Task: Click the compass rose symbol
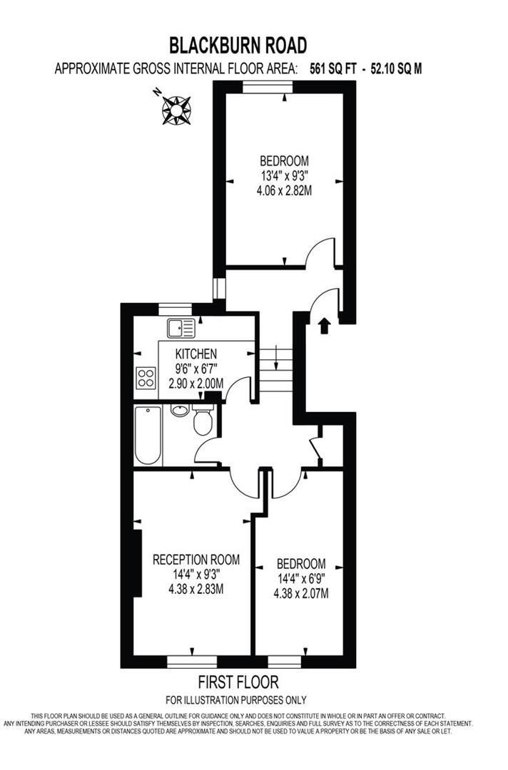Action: pos(176,109)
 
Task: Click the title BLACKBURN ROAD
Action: pos(238,46)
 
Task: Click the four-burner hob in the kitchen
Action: pos(146,378)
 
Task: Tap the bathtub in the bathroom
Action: pos(148,434)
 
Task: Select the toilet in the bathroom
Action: pos(203,421)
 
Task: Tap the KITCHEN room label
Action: pos(196,354)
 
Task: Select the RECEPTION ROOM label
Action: pos(196,559)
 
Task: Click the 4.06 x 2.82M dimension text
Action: pos(285,190)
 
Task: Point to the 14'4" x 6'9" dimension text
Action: pos(301,579)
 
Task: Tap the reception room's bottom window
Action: pos(192,660)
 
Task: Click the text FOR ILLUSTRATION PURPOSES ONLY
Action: pos(235,700)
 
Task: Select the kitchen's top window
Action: pos(175,309)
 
